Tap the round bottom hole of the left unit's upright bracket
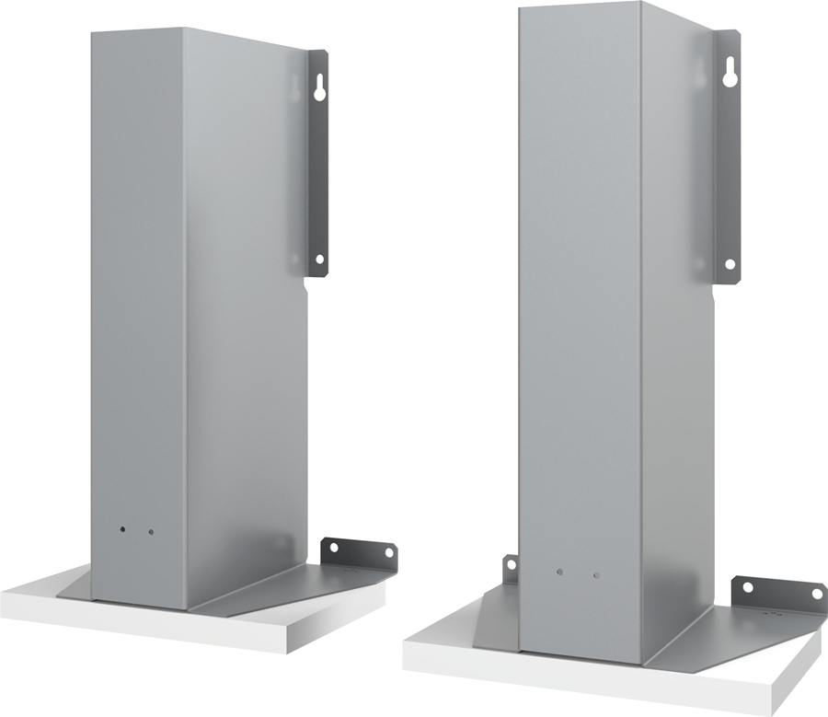319,259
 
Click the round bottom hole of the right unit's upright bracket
730,264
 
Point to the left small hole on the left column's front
122,531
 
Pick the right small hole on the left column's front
151,532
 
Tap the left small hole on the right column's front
558,572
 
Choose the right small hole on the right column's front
596,575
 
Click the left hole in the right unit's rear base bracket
748,586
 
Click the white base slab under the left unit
230,630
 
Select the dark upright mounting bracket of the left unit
316,166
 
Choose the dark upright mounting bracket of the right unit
727,166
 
